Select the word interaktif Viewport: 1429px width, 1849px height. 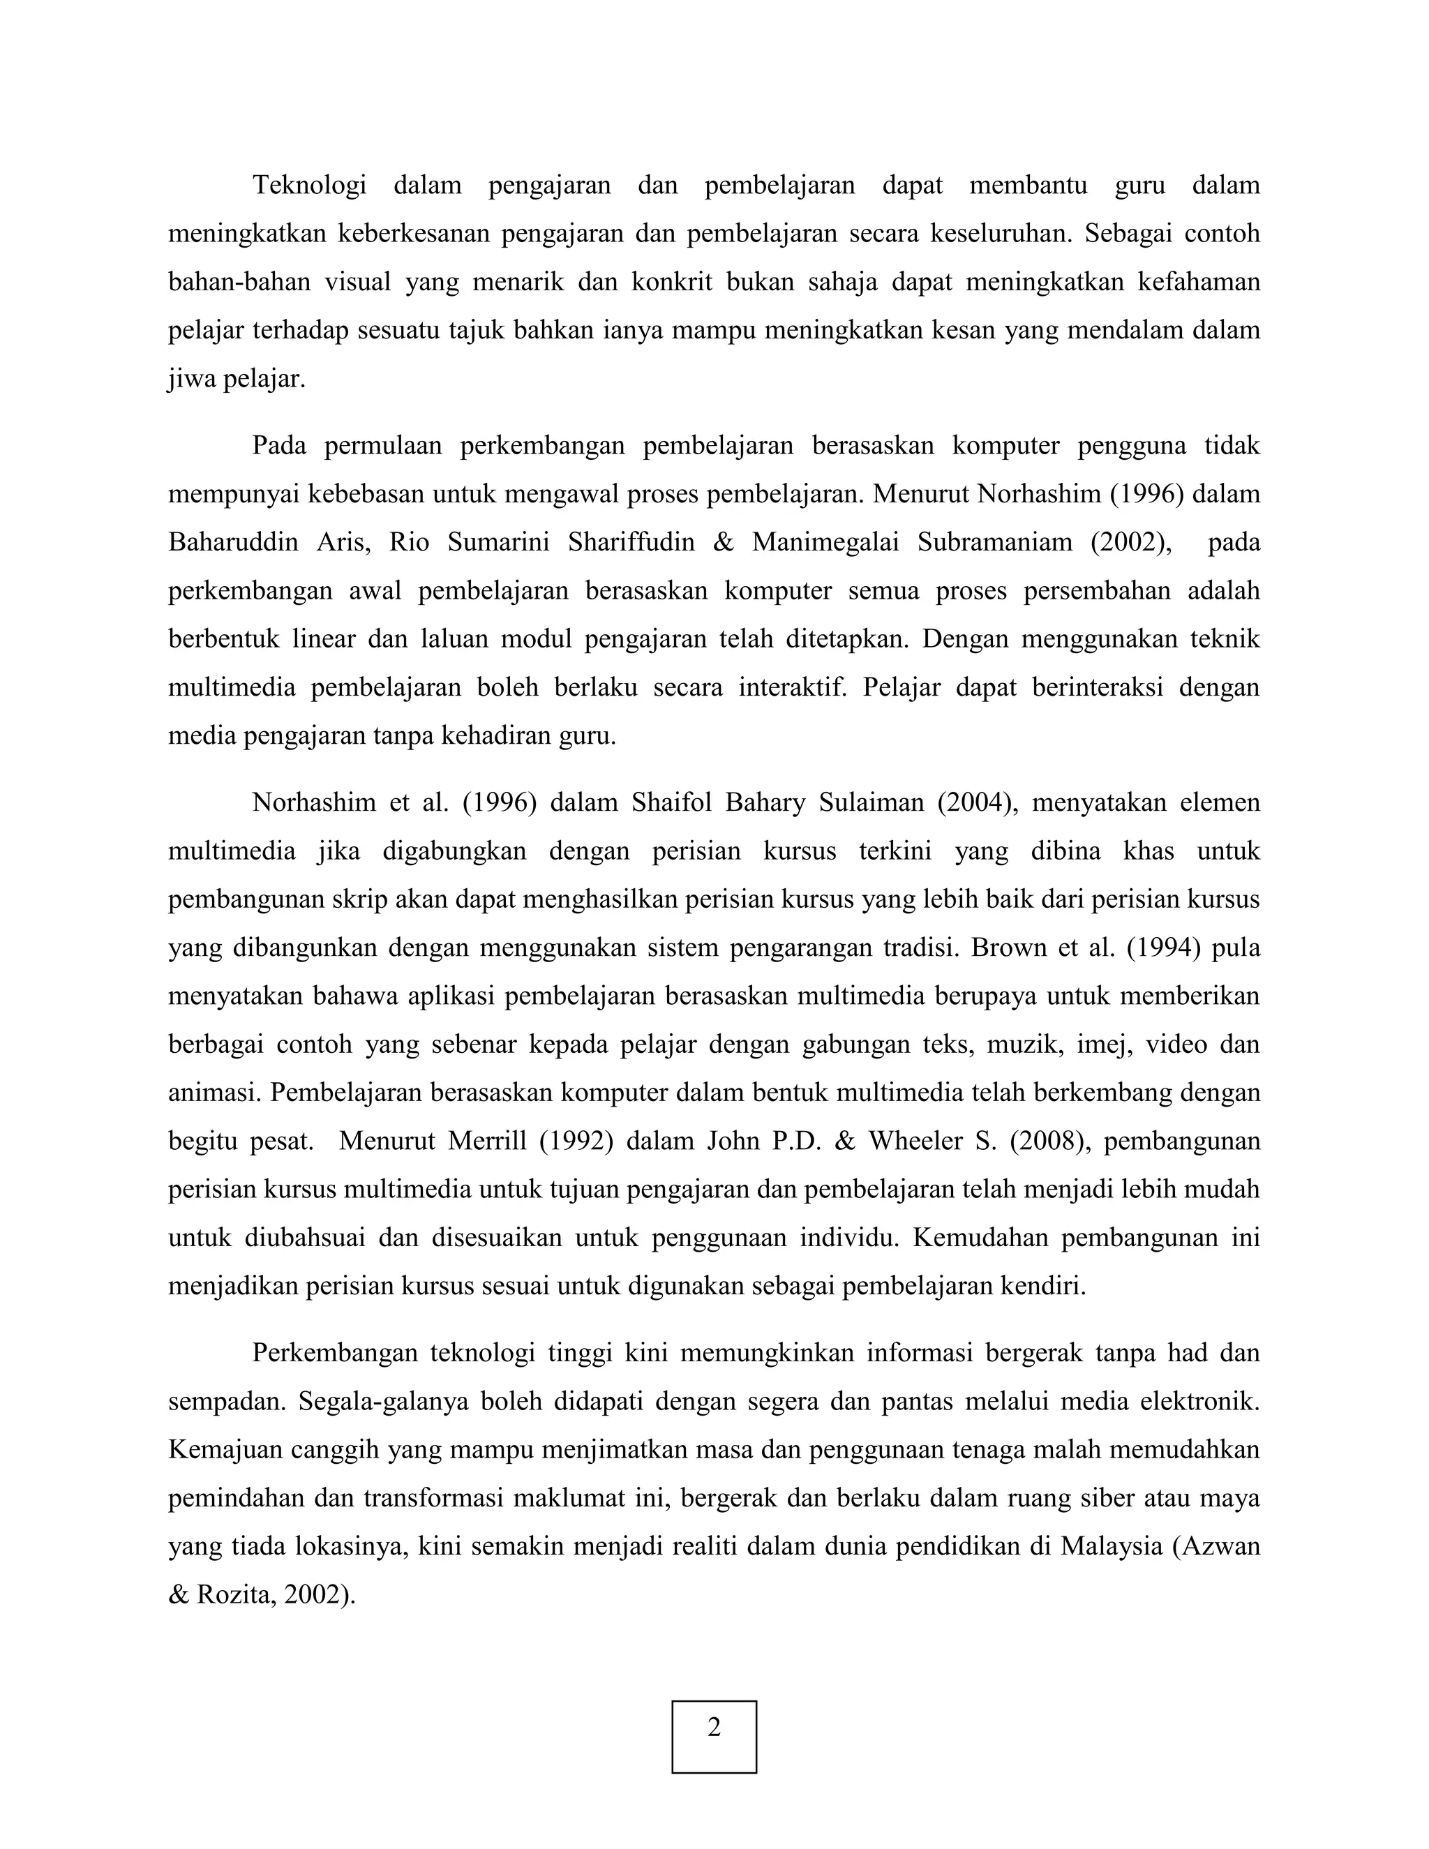[x=793, y=687]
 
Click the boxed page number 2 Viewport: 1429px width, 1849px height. [x=714, y=1726]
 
